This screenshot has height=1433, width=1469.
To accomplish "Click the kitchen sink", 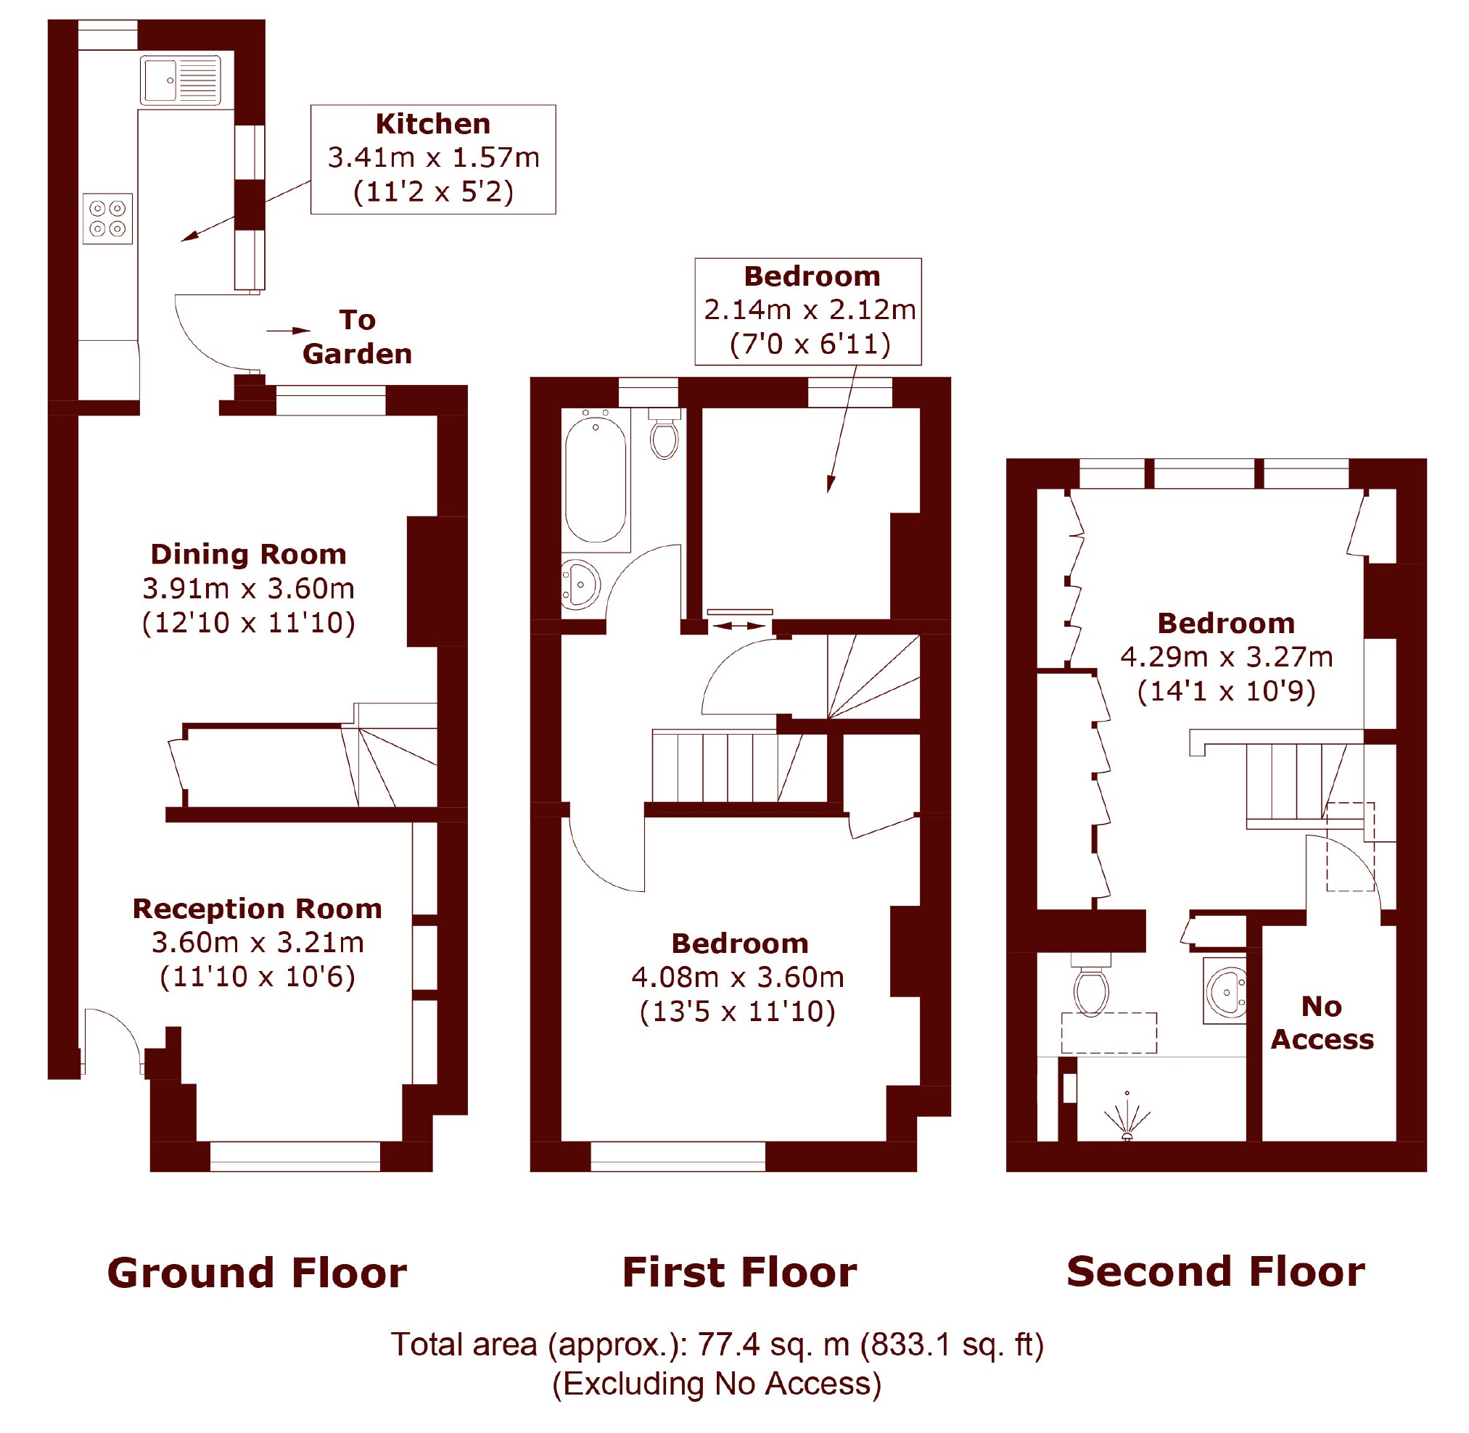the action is click(x=181, y=79).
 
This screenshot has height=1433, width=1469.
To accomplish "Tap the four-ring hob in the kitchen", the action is click(x=107, y=218).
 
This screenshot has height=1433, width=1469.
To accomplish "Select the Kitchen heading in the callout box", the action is click(x=433, y=123).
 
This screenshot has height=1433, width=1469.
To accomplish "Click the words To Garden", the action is click(x=357, y=336).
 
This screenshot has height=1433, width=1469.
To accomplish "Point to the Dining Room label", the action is click(x=249, y=554).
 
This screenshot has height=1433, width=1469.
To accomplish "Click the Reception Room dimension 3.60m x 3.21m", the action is click(x=258, y=941).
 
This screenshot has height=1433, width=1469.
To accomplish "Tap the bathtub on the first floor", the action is click(x=596, y=479).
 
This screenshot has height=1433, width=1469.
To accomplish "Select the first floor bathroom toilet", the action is click(x=664, y=434).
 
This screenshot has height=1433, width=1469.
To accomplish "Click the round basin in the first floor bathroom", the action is click(x=580, y=583).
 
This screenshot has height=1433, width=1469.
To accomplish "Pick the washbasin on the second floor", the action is click(x=1225, y=991).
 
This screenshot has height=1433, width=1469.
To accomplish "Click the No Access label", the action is click(x=1322, y=1022).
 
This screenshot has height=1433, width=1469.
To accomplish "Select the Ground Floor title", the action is click(x=257, y=1273).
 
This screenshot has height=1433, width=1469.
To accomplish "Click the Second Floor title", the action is click(x=1216, y=1272).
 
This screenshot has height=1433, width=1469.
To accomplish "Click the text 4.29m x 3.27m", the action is click(x=1227, y=656).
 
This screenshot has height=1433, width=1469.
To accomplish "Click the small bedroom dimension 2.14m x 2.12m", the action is click(x=810, y=310).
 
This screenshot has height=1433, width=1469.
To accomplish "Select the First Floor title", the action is click(x=739, y=1273).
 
